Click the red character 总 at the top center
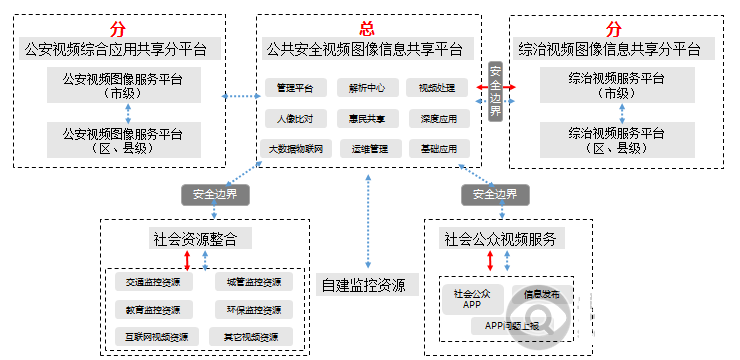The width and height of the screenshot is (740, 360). (x=366, y=29)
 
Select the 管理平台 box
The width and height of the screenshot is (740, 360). (x=295, y=88)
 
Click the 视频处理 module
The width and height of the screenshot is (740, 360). (x=437, y=88)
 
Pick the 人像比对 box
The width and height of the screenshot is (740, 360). (x=295, y=118)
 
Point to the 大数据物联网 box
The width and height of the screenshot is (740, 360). (x=295, y=148)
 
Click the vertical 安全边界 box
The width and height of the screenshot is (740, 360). (x=495, y=90)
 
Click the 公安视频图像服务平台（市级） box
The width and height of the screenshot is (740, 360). (x=122, y=85)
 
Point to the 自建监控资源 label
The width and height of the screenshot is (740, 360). (x=364, y=285)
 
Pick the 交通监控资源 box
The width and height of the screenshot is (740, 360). (x=146, y=282)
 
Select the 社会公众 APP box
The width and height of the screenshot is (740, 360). (x=472, y=299)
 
